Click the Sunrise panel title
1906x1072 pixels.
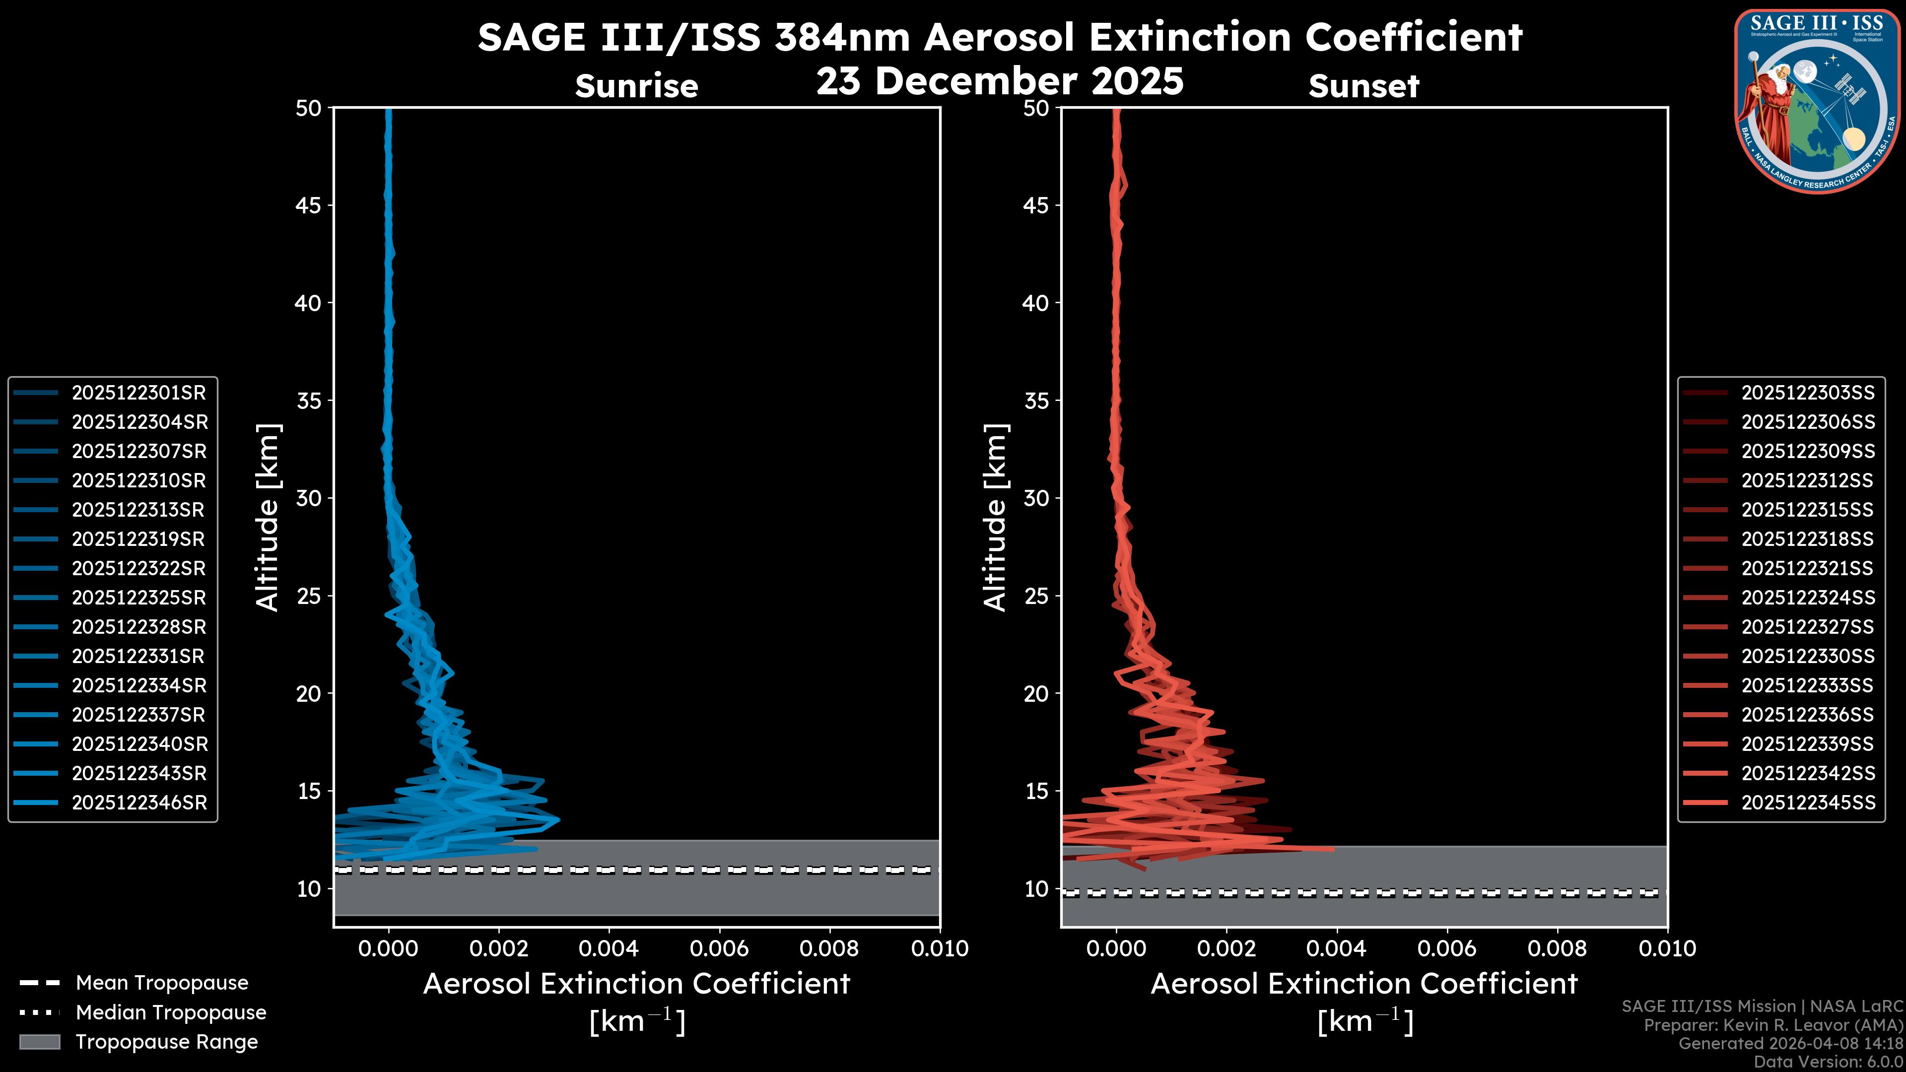tap(636, 86)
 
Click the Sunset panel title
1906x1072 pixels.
tap(1363, 86)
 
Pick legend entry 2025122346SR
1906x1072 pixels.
tap(139, 803)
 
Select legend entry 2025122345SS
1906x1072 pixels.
tap(1808, 803)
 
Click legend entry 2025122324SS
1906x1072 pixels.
tap(1808, 597)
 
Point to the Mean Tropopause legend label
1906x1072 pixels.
tap(162, 983)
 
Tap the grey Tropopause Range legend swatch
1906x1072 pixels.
tap(39, 1042)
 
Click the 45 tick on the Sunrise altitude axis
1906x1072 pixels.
tap(309, 205)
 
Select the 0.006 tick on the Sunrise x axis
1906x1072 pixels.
tap(719, 948)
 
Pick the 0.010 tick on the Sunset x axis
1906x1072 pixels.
tap(1667, 948)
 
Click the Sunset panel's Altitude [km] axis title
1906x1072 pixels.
tap(995, 517)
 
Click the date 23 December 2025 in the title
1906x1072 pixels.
tap(1000, 81)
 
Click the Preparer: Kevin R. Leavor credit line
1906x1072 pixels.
tap(1773, 1025)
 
